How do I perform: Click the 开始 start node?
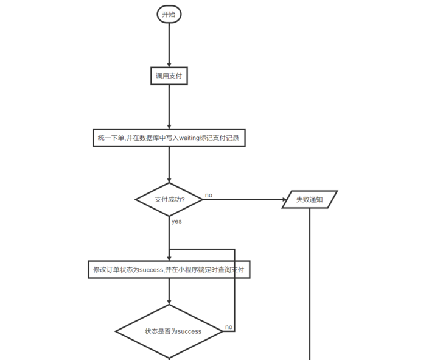169,14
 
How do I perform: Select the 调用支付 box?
169,76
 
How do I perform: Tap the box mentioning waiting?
169,138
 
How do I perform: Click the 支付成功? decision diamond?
169,199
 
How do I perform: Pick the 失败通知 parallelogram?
310,199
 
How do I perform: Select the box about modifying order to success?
169,269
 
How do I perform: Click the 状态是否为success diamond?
169,331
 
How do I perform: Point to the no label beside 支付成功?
209,195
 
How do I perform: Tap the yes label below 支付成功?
176,221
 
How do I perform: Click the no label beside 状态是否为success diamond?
229,327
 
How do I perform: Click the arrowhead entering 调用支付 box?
169,65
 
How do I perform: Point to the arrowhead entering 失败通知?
284,199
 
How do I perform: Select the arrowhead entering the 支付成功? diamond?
169,180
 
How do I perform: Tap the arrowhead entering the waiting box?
169,127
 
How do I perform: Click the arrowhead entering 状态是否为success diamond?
169,302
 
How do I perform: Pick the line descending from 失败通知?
310,284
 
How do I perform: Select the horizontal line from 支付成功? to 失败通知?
243,199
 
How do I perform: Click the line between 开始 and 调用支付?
169,45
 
